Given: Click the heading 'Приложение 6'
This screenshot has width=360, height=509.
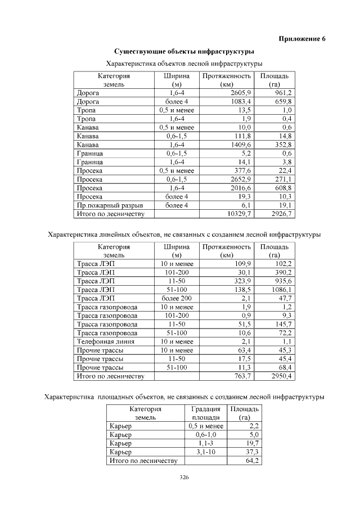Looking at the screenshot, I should pos(302,39).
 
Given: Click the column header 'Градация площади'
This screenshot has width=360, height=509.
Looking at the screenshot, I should pos(205,413).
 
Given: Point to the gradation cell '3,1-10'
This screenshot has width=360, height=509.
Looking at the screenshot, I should pos(205,452).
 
